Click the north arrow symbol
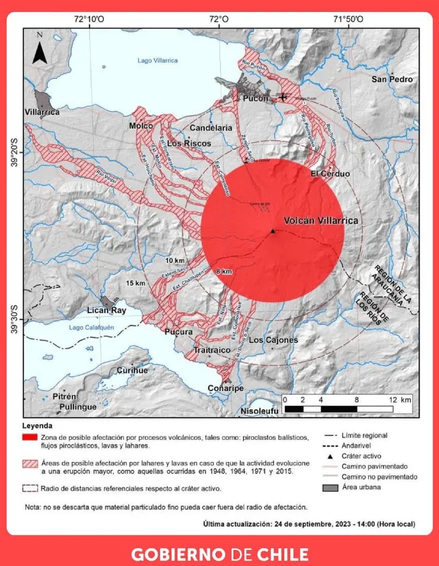[x=39, y=49]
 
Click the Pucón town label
[x=256, y=98]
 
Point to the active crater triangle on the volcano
[x=273, y=231]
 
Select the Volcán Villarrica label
[x=321, y=220]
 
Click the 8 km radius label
[x=224, y=271]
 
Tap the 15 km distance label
[x=135, y=284]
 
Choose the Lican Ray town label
[x=107, y=310]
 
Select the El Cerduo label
[x=330, y=174]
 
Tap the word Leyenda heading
[x=41, y=425]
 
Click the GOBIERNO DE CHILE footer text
[x=220, y=554]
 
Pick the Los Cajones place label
[x=273, y=340]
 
